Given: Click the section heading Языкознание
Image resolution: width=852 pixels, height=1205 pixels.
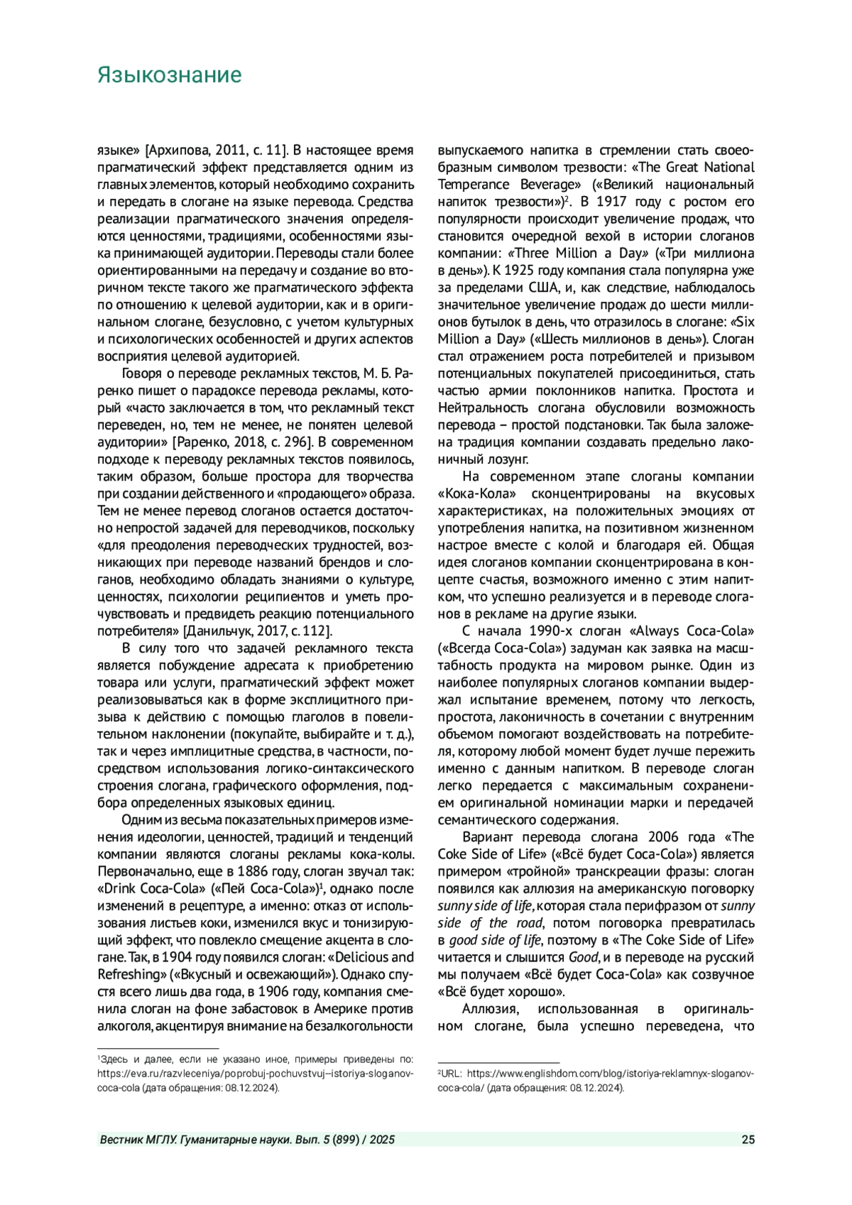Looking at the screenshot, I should coord(169,75).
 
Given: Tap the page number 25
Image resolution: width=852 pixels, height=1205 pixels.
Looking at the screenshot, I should coord(748,1140).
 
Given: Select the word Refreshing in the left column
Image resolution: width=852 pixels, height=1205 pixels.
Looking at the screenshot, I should coord(129,974).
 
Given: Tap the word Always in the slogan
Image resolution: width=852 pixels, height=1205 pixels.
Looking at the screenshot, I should coord(653,631).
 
